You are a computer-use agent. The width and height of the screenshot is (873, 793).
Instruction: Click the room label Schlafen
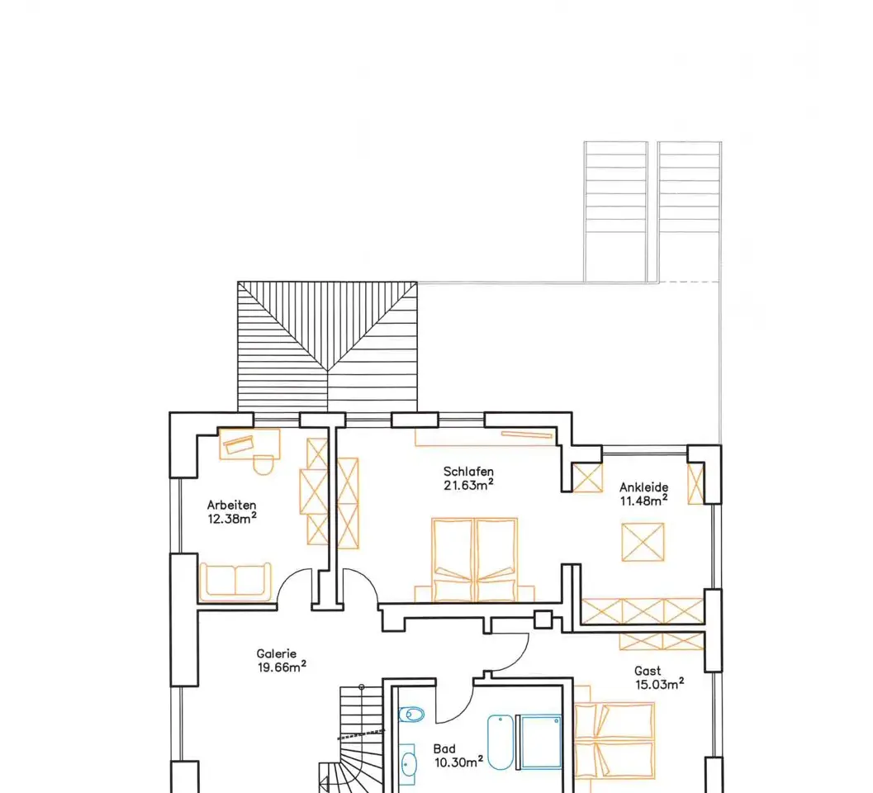point(468,472)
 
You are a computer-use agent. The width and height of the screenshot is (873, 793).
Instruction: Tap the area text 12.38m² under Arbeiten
point(232,519)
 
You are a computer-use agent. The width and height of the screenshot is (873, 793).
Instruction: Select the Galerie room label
point(276,653)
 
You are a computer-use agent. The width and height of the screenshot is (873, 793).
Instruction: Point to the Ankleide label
point(643,487)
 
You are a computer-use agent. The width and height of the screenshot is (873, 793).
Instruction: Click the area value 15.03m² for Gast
point(660,684)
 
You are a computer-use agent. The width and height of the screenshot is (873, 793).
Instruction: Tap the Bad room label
point(444,749)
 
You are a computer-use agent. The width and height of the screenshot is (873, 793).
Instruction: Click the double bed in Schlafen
point(474,560)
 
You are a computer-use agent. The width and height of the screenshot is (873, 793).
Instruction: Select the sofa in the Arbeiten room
point(235,582)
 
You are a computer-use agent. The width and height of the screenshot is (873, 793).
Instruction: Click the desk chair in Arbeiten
point(263,464)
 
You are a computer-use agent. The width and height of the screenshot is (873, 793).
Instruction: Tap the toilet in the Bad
point(411,714)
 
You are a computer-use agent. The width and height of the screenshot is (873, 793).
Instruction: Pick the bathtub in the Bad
point(501,743)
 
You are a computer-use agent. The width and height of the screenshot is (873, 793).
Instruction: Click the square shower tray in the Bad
point(539,743)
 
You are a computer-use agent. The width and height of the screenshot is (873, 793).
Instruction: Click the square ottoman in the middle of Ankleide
point(643,542)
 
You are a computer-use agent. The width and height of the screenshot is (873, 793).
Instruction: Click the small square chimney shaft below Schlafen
point(543,620)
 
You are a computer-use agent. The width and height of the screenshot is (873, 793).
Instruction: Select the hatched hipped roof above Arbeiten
point(327,346)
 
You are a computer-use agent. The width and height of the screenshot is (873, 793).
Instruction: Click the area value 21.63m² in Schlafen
point(468,485)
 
